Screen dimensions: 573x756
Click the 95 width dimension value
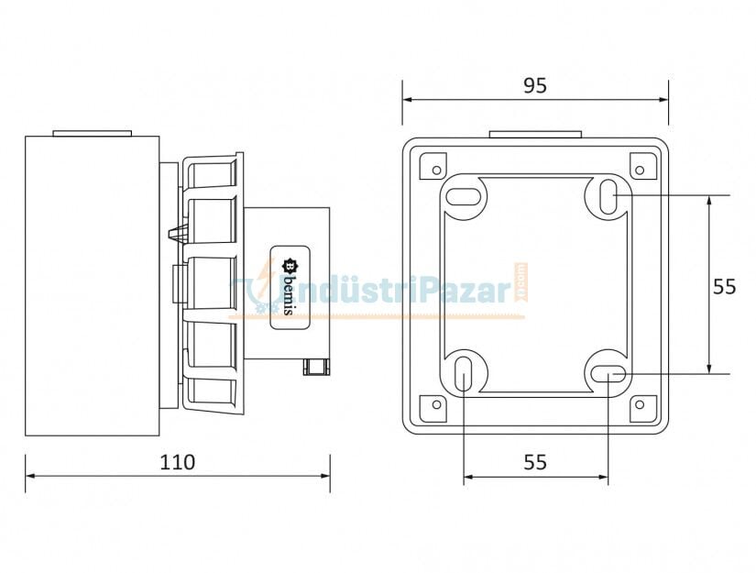(x=534, y=85)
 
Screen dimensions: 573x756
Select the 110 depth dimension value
(x=177, y=461)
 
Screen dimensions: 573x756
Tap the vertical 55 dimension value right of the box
(x=724, y=286)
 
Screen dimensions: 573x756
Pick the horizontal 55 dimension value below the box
(x=535, y=462)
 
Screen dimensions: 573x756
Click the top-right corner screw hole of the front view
(x=640, y=168)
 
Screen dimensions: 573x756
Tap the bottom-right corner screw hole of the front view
(x=640, y=404)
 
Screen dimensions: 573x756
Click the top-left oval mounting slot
(x=465, y=195)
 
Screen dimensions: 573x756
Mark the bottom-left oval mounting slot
(x=465, y=374)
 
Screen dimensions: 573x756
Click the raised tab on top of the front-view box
(x=535, y=134)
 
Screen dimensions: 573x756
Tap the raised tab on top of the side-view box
(x=93, y=133)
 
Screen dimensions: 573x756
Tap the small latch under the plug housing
(x=315, y=367)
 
